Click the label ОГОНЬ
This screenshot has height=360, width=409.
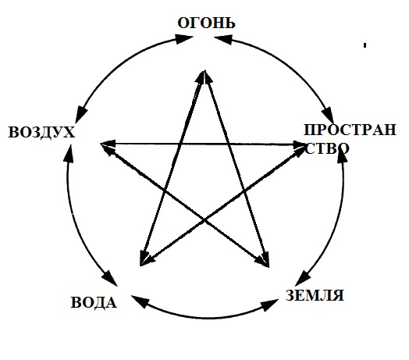coord(206,23)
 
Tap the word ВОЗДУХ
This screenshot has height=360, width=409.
coord(41,132)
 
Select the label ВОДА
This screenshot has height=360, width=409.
coord(94,303)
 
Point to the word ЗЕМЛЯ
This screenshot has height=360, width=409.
coord(315,295)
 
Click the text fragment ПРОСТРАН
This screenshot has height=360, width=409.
coord(350,130)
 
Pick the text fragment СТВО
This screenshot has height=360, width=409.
coord(326,148)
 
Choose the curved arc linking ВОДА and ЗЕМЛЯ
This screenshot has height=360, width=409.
coord(204,318)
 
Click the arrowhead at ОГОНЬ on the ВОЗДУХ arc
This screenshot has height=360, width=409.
coord(184,38)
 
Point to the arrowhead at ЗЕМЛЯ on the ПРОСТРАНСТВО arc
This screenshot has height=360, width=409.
coord(302,279)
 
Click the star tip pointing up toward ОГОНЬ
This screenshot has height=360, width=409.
coord(204,70)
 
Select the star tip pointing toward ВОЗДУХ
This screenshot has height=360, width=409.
coord(101,144)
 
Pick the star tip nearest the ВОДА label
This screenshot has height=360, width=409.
coord(140,266)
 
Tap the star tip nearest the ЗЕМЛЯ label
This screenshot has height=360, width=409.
coord(269,267)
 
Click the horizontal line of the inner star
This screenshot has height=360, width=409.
coord(203,144)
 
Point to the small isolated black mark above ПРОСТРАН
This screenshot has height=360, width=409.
coord(365,45)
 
